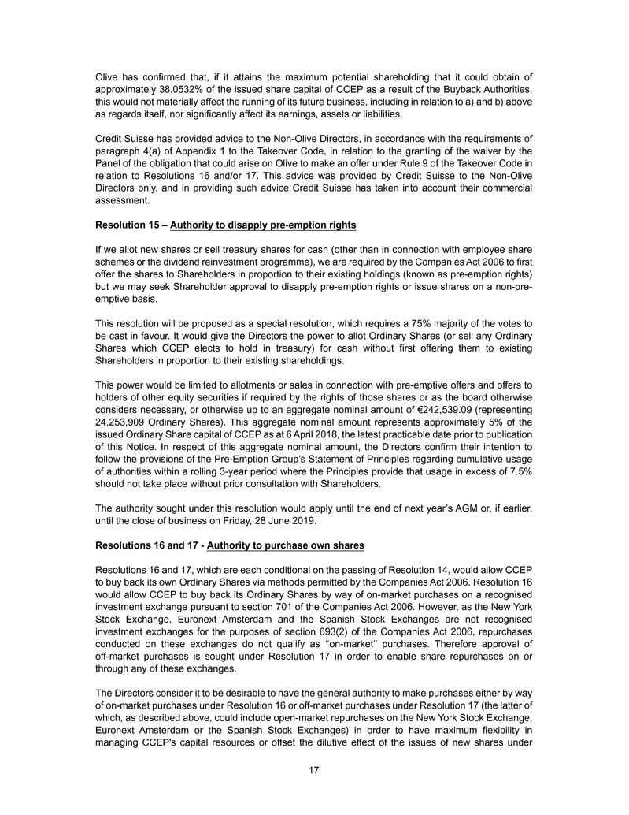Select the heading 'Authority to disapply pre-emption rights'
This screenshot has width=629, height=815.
coord(263,225)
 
